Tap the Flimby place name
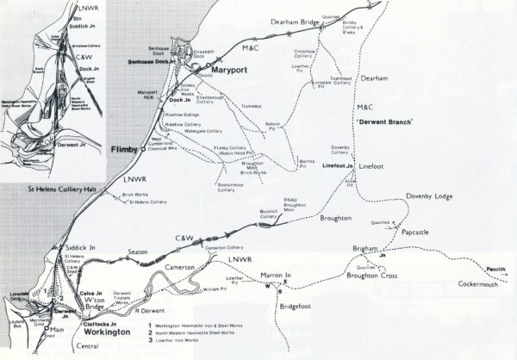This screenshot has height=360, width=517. (127, 151)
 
